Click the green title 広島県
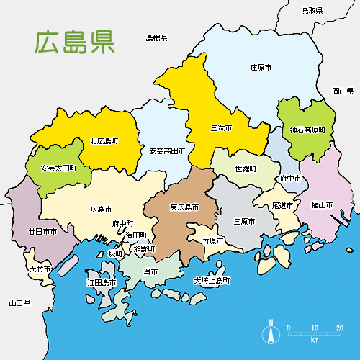(x=75, y=42)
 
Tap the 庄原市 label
(x=261, y=67)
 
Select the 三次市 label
(x=221, y=128)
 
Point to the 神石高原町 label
(x=307, y=130)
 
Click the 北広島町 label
(x=104, y=141)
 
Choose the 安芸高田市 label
(x=167, y=151)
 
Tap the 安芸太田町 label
(x=58, y=168)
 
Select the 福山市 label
(x=322, y=204)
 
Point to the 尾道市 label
(x=283, y=206)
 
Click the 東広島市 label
(x=184, y=207)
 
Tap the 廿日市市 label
(x=42, y=232)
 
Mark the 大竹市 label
(x=40, y=269)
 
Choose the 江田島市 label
(x=102, y=283)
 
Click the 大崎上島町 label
(x=212, y=280)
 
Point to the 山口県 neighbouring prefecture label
(x=19, y=302)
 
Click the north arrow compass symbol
(x=271, y=332)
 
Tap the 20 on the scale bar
(x=339, y=328)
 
